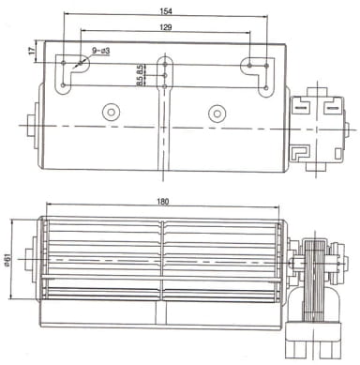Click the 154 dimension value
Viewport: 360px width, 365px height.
166,11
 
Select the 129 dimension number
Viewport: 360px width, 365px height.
166,27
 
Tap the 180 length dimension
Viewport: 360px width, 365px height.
163,202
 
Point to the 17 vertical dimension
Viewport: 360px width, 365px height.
32,51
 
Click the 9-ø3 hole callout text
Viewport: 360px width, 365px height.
100,51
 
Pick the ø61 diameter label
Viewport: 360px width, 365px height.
8,260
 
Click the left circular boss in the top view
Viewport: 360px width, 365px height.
111,112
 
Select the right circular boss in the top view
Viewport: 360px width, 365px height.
217,114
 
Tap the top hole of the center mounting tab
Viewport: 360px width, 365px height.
165,65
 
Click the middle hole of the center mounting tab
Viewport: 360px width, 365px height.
165,75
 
